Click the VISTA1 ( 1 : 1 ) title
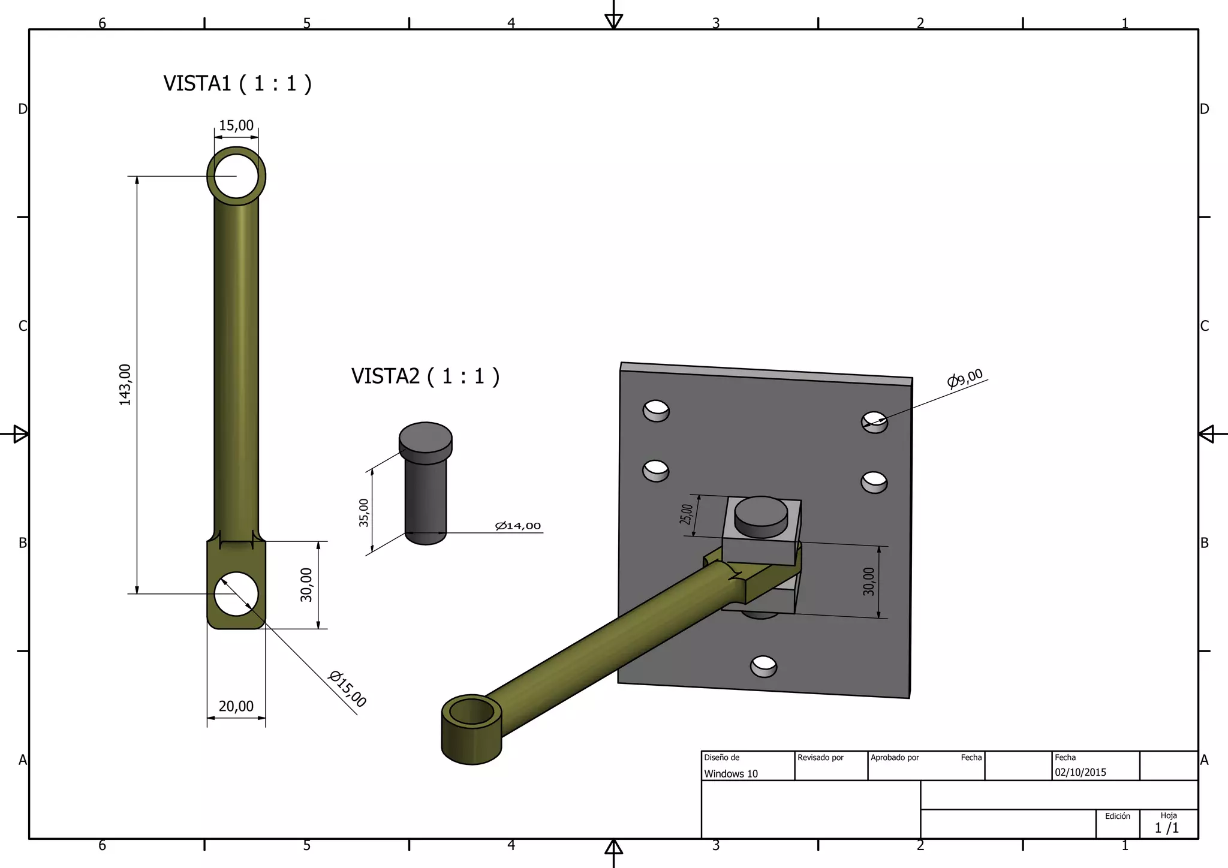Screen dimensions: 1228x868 pos(237,83)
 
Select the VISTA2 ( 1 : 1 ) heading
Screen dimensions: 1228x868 pos(425,376)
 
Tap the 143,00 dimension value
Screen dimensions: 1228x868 pos(125,385)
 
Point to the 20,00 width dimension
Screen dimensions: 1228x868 pos(236,706)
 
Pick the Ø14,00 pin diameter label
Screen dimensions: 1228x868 pos(518,526)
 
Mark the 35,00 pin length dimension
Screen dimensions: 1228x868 pos(363,513)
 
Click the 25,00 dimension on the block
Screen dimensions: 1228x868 pos(686,514)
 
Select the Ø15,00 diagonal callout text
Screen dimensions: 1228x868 pos(348,689)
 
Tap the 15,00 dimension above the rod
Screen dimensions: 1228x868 pos(236,125)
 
